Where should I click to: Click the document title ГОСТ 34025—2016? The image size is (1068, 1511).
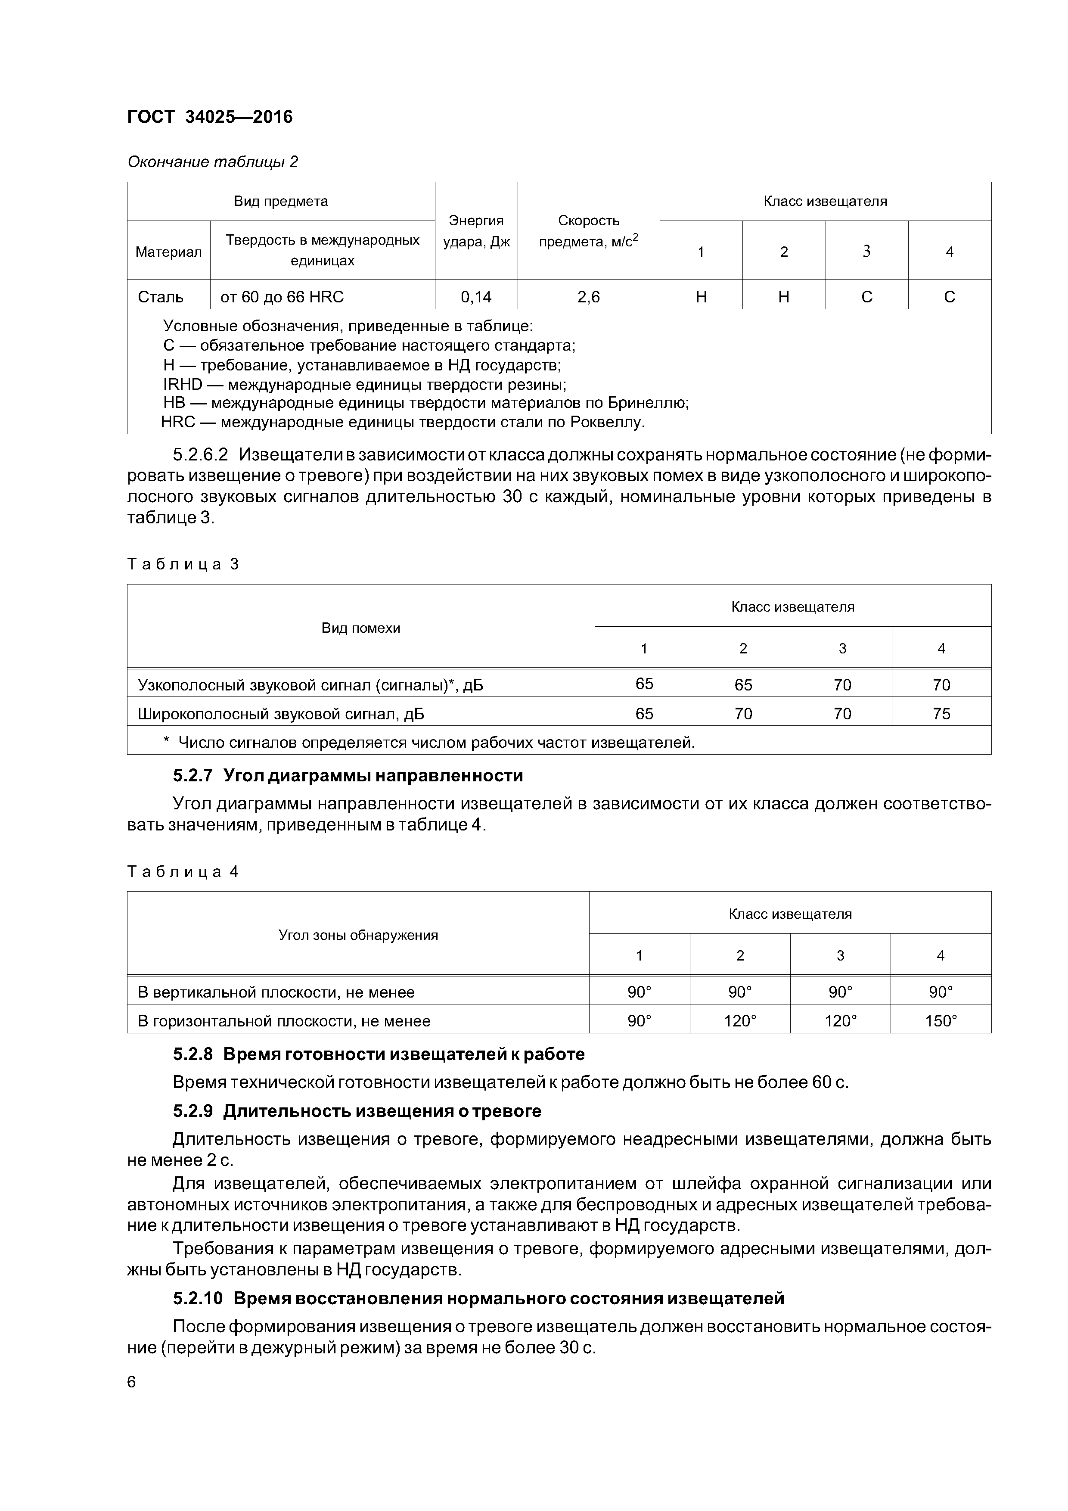pyautogui.click(x=209, y=117)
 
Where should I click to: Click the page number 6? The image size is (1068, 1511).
pyautogui.click(x=132, y=1382)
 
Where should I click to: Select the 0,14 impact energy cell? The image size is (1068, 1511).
pyautogui.click(x=476, y=297)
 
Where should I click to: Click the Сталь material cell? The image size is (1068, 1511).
pyautogui.click(x=161, y=297)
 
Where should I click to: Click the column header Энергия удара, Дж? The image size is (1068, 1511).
pyautogui.click(x=476, y=231)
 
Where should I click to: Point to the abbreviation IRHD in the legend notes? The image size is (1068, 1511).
pyautogui.click(x=183, y=384)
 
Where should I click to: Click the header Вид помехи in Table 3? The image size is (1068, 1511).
pyautogui.click(x=360, y=628)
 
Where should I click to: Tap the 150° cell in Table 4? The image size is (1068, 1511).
pyautogui.click(x=941, y=1021)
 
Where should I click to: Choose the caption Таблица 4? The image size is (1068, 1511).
pyautogui.click(x=183, y=871)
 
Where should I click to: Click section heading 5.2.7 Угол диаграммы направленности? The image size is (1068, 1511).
pyautogui.click(x=348, y=775)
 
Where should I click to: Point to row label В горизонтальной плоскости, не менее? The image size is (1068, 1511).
pyautogui.click(x=284, y=1021)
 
